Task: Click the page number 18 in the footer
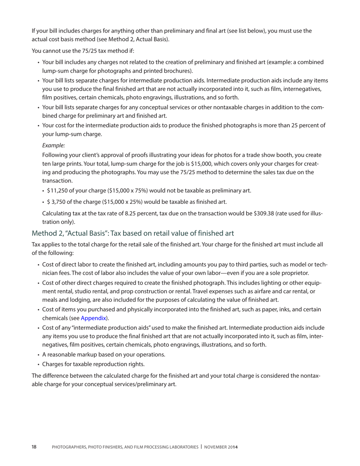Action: [34, 447]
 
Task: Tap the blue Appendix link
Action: [93, 318]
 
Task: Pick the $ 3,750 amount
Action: [56, 202]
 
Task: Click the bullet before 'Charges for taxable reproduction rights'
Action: [39, 364]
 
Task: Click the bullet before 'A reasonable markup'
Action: [39, 355]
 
